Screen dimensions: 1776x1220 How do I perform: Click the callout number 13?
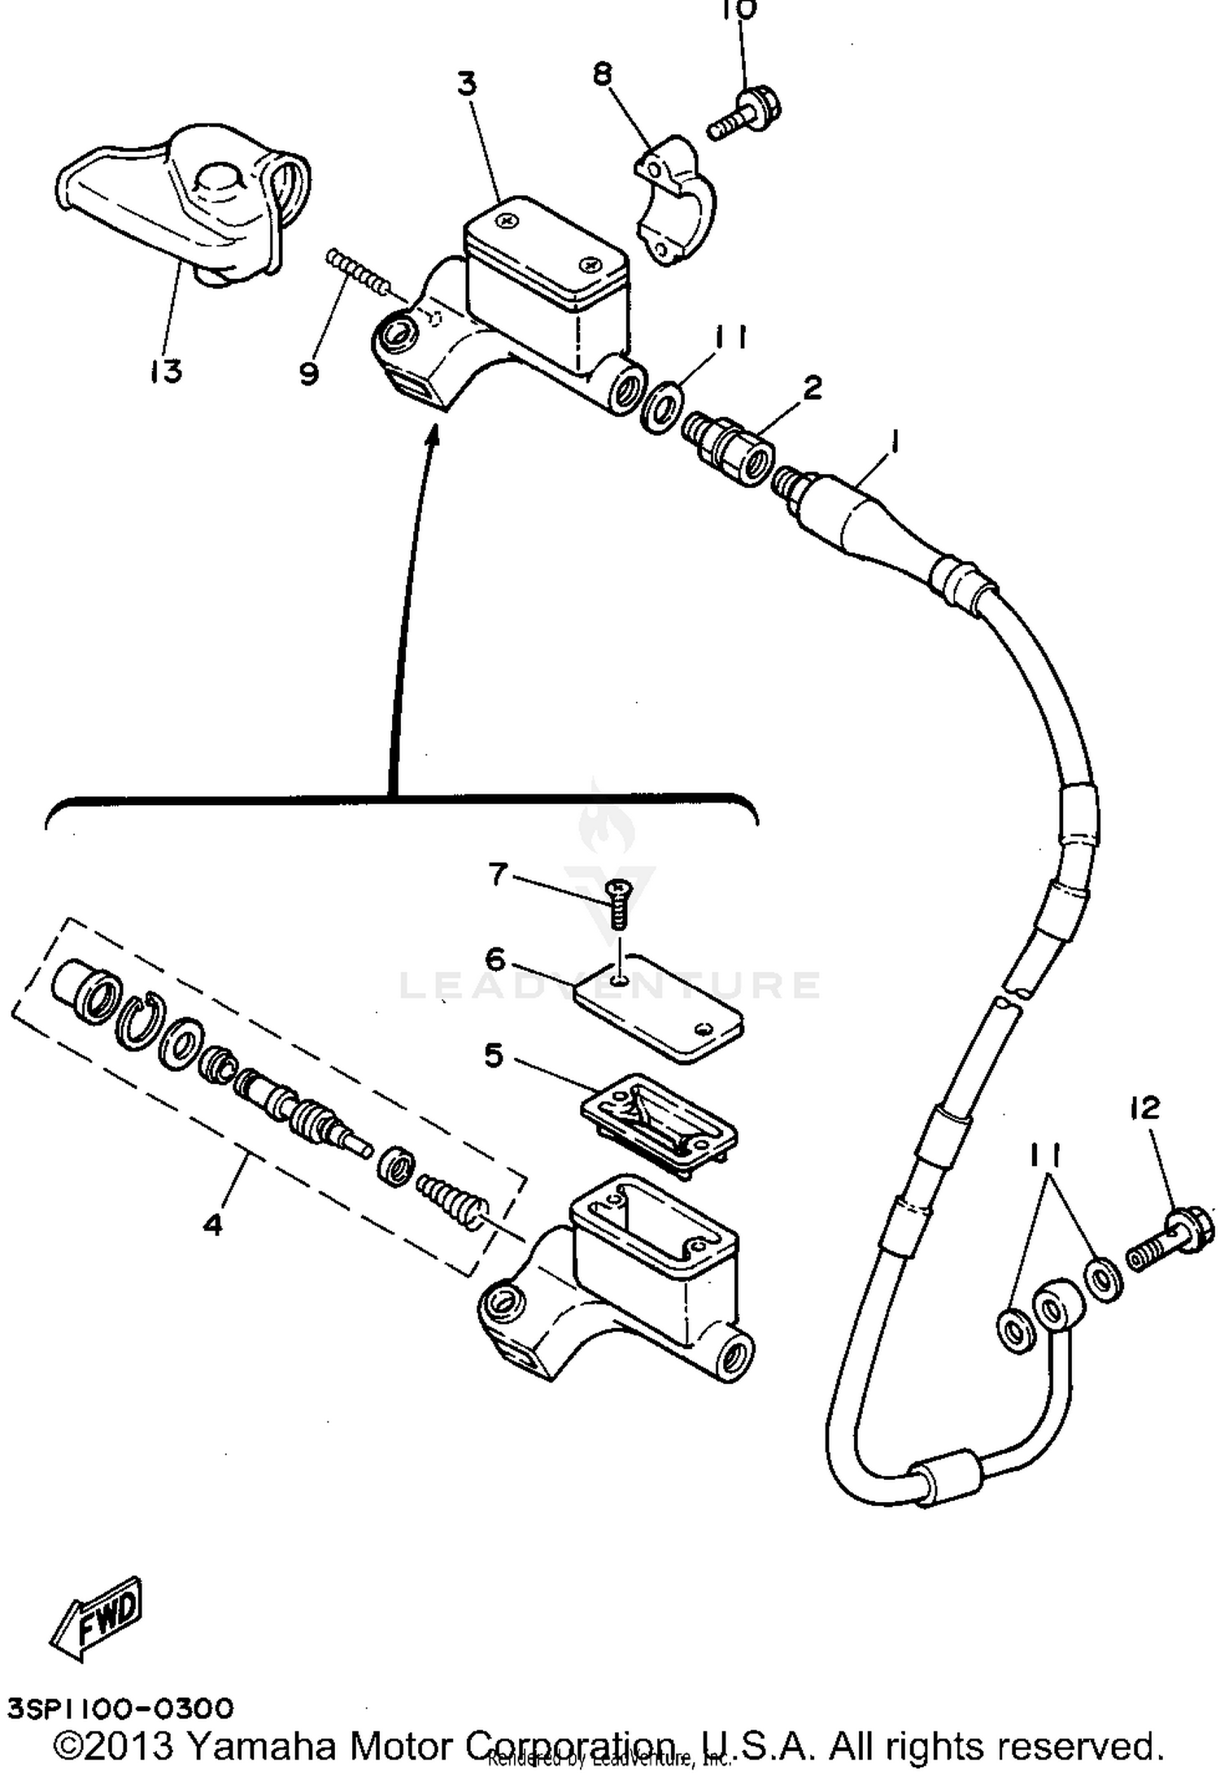click(166, 372)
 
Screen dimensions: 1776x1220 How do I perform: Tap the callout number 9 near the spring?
click(308, 374)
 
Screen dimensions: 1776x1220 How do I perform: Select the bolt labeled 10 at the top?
click(745, 116)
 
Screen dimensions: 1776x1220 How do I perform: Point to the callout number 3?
click(467, 84)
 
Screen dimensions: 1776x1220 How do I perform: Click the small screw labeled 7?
click(621, 904)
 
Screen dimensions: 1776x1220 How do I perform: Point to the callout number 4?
click(212, 1224)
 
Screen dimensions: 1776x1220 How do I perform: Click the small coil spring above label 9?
click(357, 272)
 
